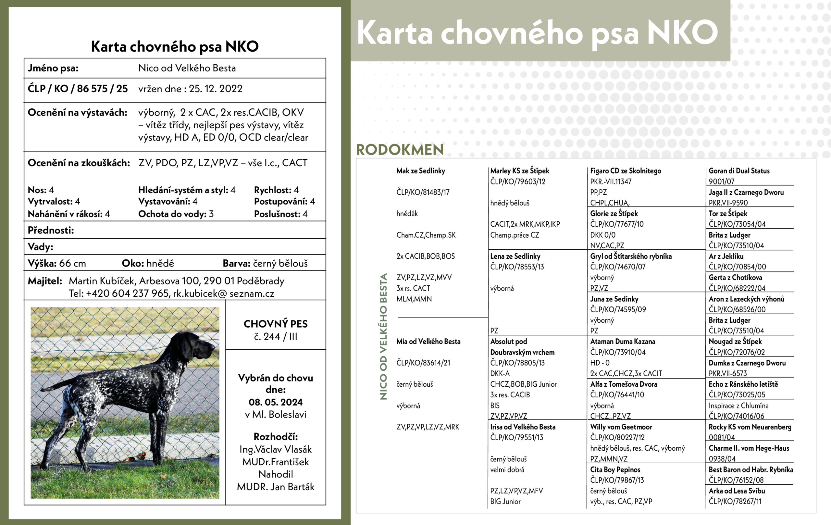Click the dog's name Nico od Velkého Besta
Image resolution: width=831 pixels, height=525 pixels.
tap(187, 68)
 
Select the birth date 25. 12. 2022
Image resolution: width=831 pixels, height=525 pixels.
tap(215, 89)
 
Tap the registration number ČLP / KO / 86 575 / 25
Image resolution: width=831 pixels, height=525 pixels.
tap(78, 89)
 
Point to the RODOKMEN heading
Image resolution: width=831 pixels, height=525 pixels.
tap(400, 150)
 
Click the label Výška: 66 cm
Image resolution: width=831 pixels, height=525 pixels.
tap(57, 263)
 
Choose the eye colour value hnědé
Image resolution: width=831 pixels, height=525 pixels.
tap(160, 263)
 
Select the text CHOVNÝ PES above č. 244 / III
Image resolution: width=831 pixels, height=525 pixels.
tap(275, 324)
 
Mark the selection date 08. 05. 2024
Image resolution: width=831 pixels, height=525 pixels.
tap(275, 402)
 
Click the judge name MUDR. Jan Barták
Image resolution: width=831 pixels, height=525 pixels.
tap(275, 487)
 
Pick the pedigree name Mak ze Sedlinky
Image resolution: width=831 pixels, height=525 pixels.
tap(420, 171)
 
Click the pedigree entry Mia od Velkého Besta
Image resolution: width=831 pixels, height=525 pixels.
tap(428, 341)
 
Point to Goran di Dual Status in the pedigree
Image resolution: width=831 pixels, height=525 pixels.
tap(739, 171)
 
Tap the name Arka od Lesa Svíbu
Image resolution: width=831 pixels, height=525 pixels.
tap(737, 491)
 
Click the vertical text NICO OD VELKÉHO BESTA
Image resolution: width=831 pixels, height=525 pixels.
tap(383, 337)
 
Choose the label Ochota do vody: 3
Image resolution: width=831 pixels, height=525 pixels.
tap(176, 214)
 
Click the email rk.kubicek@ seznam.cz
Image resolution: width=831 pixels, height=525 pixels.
tap(223, 294)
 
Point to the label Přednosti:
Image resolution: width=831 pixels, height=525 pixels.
tap(51, 230)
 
